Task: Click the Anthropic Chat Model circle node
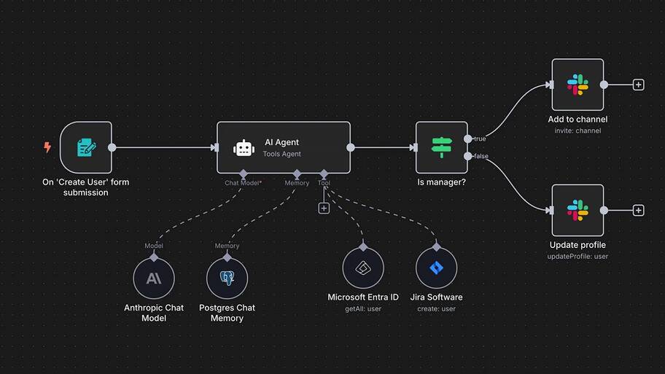(x=154, y=278)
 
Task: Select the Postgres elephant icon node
(x=227, y=278)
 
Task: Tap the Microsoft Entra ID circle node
(x=363, y=268)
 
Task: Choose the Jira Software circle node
(x=436, y=268)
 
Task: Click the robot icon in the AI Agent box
(x=244, y=148)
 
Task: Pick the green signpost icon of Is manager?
(x=441, y=147)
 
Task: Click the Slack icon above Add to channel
(x=577, y=85)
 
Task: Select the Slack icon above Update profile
(x=577, y=210)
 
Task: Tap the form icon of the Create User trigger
(x=87, y=147)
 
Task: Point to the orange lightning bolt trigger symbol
(x=47, y=147)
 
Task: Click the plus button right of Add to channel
(x=638, y=85)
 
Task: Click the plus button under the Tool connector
(x=324, y=209)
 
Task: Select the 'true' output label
(x=480, y=139)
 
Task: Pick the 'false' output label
(x=481, y=156)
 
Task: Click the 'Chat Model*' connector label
(x=243, y=183)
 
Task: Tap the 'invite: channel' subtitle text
(x=577, y=130)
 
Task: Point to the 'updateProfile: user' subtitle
(x=577, y=256)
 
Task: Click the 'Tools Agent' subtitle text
(x=281, y=154)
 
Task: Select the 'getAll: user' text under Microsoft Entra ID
(x=363, y=308)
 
